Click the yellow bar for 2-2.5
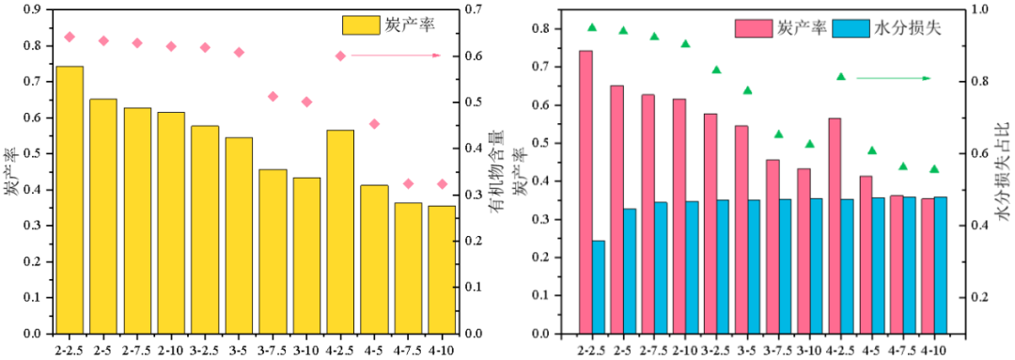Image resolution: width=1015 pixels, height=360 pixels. coord(70,200)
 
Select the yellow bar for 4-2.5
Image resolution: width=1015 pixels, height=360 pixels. coord(340,232)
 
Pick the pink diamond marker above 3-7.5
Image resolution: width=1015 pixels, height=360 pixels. coord(273,97)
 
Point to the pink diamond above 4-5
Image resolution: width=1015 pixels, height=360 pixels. coord(374,124)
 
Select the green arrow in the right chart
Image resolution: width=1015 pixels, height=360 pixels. coord(894,78)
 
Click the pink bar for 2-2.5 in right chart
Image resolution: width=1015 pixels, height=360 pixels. coord(586,193)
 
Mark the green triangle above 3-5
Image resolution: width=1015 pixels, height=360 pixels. coord(748,90)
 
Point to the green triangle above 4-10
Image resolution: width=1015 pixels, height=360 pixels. coord(934,169)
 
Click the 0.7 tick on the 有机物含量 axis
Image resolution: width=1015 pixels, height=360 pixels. coord(473,9)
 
